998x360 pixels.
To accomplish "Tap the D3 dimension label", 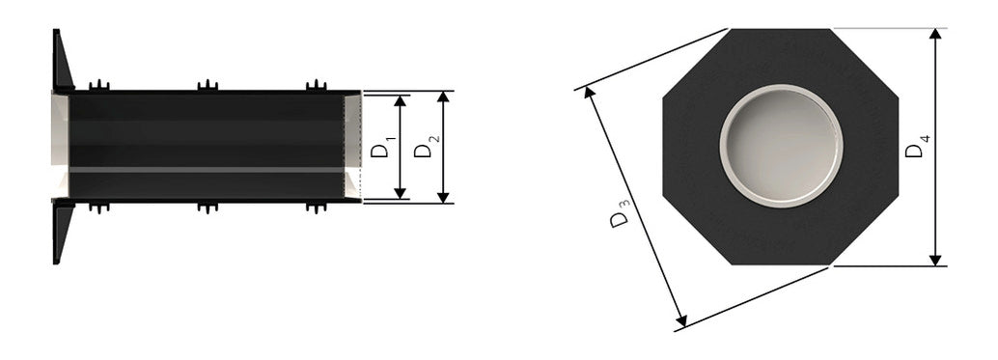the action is coord(620,213).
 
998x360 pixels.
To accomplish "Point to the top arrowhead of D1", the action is coord(400,101).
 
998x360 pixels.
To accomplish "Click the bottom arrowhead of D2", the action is coord(443,197).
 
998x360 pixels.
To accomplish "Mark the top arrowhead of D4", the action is coord(935,35).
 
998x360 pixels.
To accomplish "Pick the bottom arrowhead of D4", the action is coord(935,261).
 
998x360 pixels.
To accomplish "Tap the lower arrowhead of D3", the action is coord(681,320).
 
